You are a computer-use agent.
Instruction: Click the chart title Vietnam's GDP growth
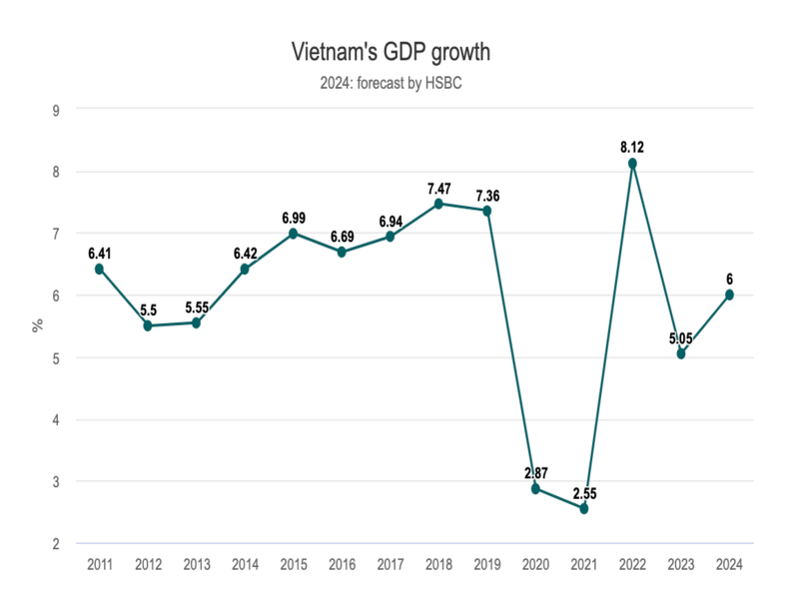click(x=391, y=51)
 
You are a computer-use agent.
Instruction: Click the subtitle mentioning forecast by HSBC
click(x=391, y=84)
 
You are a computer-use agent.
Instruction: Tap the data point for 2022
click(x=632, y=163)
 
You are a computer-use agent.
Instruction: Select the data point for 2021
click(x=584, y=508)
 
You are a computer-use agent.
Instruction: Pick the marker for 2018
click(x=438, y=204)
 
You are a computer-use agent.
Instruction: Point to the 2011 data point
click(x=99, y=269)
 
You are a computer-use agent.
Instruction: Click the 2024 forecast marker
click(x=729, y=295)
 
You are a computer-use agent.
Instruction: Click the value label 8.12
click(x=631, y=148)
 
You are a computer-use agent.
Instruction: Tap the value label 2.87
click(x=535, y=472)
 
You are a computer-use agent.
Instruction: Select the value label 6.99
click(x=293, y=218)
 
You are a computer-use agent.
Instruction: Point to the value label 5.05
click(x=681, y=337)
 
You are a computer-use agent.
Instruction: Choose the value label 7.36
click(x=486, y=195)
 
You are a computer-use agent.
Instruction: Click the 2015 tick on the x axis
click(x=293, y=564)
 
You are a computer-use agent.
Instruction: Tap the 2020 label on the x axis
click(x=535, y=564)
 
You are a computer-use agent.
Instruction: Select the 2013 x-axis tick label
click(x=196, y=564)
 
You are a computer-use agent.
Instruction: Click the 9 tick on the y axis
click(x=56, y=110)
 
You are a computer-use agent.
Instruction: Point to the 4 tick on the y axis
click(x=56, y=419)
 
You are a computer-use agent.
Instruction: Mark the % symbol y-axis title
click(x=38, y=325)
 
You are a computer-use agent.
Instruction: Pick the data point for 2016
click(x=342, y=252)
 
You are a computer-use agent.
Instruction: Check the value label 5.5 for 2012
click(x=148, y=310)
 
